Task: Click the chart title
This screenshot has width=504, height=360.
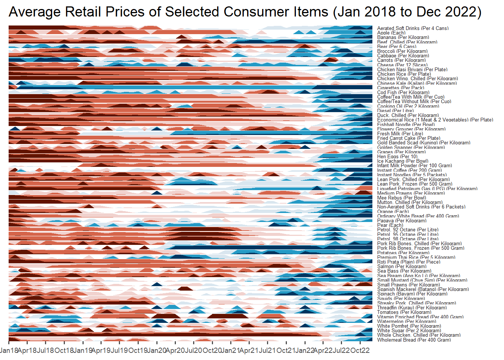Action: click(x=245, y=12)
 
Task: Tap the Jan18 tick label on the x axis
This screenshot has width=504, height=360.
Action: click(x=9, y=351)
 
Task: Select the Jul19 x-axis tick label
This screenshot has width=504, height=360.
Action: click(x=120, y=351)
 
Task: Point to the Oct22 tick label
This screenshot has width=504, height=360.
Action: click(x=360, y=351)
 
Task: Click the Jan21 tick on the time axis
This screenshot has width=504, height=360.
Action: click(x=231, y=351)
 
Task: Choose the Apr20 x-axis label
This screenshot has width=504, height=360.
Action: click(x=175, y=351)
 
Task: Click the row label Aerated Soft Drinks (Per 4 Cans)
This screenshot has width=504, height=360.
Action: click(x=412, y=28)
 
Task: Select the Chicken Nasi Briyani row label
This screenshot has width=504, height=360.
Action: click(x=412, y=70)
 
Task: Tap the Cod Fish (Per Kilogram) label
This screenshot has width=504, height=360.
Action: click(x=403, y=93)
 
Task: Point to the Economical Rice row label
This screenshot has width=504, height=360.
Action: click(x=435, y=120)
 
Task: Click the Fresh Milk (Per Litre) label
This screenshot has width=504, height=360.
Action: click(x=400, y=134)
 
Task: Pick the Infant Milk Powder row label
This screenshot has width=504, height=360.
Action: click(x=414, y=166)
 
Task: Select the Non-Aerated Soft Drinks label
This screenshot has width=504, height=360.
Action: click(x=421, y=207)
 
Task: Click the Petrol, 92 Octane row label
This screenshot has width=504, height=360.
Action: click(x=408, y=230)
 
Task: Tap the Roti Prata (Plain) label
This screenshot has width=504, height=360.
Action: click(x=409, y=262)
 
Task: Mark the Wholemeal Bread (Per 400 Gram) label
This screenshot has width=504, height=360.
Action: click(x=414, y=340)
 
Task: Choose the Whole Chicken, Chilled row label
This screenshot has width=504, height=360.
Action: click(x=418, y=335)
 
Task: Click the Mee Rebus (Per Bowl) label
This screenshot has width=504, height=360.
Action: click(x=401, y=198)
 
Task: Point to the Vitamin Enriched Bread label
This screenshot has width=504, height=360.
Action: click(x=420, y=317)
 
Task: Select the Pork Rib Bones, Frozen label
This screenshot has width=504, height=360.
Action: click(x=420, y=248)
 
